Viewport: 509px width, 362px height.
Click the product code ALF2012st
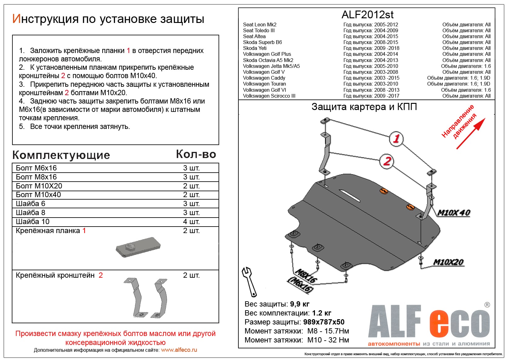367,15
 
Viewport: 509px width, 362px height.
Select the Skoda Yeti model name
254,48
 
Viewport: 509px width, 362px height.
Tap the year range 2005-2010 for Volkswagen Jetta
386,66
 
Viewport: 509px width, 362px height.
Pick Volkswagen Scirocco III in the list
269,96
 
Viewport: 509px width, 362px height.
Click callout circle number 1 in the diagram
396,139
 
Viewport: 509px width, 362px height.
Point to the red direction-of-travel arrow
471,133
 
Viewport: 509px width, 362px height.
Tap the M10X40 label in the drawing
454,213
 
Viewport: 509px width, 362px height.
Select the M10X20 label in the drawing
448,262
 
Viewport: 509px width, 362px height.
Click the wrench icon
249,281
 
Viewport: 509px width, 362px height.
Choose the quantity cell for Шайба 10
191,222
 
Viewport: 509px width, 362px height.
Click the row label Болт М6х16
36,168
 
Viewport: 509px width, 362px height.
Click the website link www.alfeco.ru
179,350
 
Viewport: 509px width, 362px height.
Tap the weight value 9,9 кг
299,304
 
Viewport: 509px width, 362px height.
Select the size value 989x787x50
324,322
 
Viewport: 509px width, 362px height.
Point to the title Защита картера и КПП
364,107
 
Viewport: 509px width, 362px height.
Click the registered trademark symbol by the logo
487,305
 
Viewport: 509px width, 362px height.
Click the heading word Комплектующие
61,155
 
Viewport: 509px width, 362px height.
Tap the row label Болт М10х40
38,195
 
